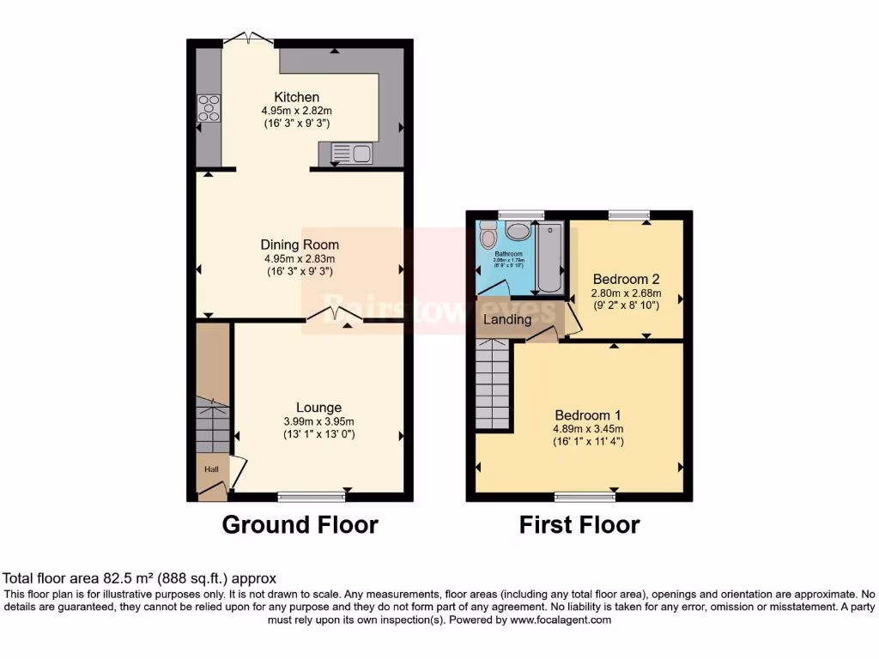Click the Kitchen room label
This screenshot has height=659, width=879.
pos(296,97)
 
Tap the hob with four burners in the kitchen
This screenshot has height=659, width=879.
pos(209,109)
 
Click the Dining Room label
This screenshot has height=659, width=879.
pos(301,245)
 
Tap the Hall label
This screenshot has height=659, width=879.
pos(210,469)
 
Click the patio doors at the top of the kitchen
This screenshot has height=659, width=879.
pos(248,39)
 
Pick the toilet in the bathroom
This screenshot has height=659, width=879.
pos(488,235)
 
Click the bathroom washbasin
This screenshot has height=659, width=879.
pos(518,230)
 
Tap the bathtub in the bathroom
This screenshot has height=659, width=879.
pos(549,257)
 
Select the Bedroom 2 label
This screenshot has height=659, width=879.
pos(626,279)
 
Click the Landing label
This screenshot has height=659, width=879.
pos(507,319)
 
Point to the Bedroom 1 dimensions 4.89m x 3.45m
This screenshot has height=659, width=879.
pos(588,429)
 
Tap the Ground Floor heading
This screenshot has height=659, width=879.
pos(300,524)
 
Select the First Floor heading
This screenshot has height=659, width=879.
pos(579,524)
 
